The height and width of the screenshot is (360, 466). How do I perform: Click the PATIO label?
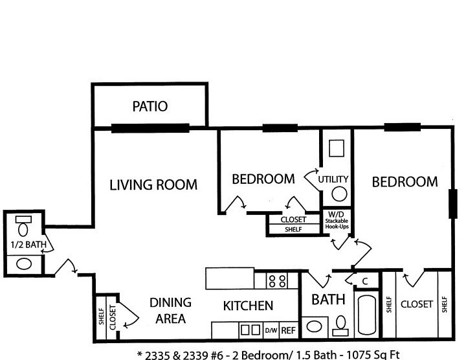[x=150, y=106]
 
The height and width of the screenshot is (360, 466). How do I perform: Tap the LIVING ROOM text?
[x=153, y=185]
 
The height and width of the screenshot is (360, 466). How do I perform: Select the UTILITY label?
[x=333, y=179]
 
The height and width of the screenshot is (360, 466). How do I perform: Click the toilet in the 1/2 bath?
[x=23, y=226]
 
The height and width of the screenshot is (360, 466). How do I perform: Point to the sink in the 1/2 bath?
[x=24, y=264]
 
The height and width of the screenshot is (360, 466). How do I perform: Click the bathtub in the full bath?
[x=367, y=315]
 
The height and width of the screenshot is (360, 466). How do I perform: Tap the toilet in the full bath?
[x=340, y=326]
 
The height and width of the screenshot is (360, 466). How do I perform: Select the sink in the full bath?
[x=314, y=326]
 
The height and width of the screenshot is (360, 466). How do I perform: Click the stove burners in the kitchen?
[x=277, y=281]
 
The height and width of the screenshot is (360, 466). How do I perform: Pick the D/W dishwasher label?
[x=271, y=330]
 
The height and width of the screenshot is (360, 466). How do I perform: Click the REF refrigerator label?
[x=288, y=330]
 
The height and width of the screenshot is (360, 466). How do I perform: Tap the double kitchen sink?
[x=250, y=330]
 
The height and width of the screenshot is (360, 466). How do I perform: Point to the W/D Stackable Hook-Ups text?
[x=337, y=220]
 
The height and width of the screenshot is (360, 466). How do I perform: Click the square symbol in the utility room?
[x=337, y=148]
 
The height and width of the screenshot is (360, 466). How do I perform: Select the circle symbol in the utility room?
[x=339, y=194]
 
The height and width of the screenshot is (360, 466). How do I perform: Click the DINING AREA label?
[x=171, y=311]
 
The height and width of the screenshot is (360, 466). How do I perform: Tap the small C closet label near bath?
[x=365, y=281]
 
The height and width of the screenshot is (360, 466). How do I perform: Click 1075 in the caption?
[x=360, y=355]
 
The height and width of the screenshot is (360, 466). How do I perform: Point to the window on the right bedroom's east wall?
[x=452, y=204]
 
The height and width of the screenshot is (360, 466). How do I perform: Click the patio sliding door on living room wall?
[x=150, y=128]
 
